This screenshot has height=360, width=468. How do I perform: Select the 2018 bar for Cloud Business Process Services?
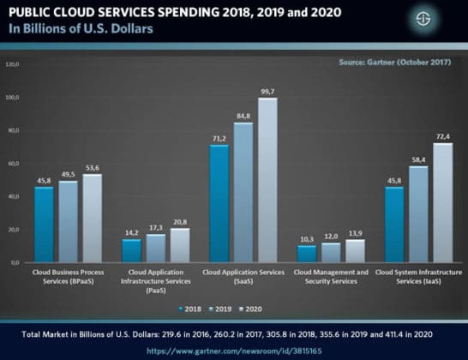pyautogui.click(x=44, y=224)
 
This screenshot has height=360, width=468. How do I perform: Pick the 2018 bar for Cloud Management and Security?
pyautogui.click(x=307, y=254)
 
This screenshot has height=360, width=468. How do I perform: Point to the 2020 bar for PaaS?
pyautogui.click(x=179, y=244)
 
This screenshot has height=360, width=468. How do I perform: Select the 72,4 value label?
pyautogui.click(x=444, y=136)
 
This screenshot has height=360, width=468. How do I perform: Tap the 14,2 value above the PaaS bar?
pyautogui.click(x=131, y=232)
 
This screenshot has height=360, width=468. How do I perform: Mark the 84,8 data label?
pyautogui.click(x=244, y=117)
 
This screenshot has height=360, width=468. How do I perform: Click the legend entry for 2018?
pyautogui.click(x=191, y=307)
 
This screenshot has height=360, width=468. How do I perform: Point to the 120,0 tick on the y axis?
pyautogui.click(x=12, y=64)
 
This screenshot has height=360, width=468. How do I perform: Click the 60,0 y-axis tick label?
pyautogui.click(x=12, y=164)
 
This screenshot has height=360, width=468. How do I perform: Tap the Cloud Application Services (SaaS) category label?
pyautogui.click(x=243, y=275)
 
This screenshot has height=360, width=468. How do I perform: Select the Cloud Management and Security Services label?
pyautogui.click(x=332, y=275)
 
